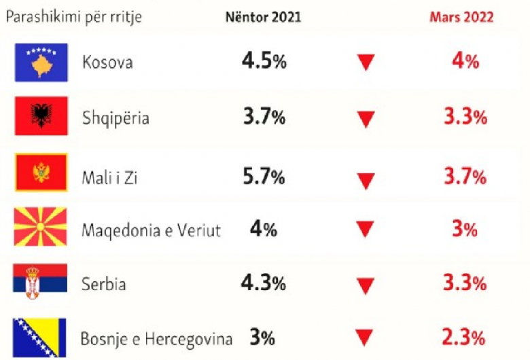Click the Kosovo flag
[x=41, y=62]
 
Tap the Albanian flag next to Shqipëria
[x=41, y=116]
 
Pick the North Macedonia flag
[x=41, y=228]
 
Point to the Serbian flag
[x=41, y=283]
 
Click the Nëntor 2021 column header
[x=263, y=17]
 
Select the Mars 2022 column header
[x=461, y=17]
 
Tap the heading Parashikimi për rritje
[x=74, y=17]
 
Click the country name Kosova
[x=107, y=62]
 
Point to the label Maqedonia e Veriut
[x=151, y=230]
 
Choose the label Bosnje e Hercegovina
[x=156, y=338]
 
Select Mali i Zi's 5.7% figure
[x=264, y=177]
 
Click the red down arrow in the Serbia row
[x=366, y=285]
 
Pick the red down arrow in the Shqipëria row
[x=366, y=120]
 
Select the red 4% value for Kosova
[x=465, y=61]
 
